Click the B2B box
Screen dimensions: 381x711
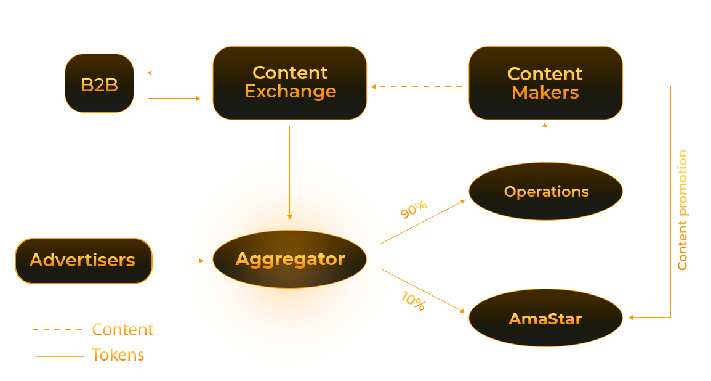(99, 83)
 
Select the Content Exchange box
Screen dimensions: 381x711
(290, 83)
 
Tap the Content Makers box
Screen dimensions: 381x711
(545, 83)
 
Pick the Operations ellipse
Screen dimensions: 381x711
(545, 191)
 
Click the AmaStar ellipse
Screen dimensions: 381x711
(545, 319)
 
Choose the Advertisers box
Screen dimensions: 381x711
(83, 260)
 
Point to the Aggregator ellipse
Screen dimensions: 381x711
(290, 259)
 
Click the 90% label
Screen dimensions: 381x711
(414, 210)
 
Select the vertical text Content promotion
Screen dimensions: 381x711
(682, 210)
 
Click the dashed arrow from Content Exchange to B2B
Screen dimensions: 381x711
(176, 73)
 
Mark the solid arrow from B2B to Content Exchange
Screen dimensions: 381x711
(175, 98)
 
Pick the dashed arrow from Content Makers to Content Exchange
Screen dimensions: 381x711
(417, 87)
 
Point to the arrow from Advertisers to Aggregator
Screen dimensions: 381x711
(182, 261)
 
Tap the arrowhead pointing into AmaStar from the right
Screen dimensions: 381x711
(631, 317)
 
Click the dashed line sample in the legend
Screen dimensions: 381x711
(57, 330)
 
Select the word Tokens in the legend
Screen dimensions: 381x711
(118, 355)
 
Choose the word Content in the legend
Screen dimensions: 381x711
(123, 330)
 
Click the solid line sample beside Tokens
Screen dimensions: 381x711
(60, 356)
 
